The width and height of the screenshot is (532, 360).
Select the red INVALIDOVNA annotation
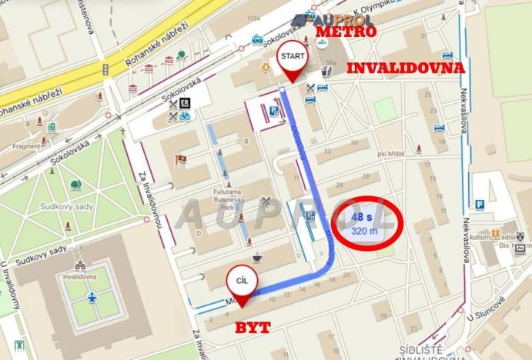[406, 68]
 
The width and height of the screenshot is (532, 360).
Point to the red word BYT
[253, 328]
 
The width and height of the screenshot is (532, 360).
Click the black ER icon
[185, 102]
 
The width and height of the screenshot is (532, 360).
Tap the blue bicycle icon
[185, 116]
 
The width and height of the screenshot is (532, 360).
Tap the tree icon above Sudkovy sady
[75, 185]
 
